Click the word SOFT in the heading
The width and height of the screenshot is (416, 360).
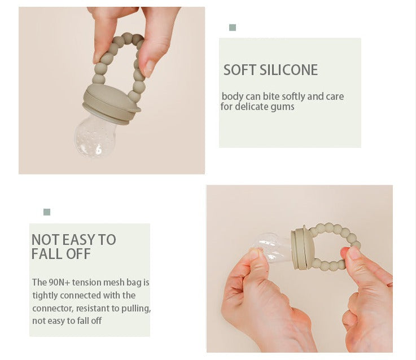240,70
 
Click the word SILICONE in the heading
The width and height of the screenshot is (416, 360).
288,70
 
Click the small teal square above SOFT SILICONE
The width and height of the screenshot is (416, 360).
233,28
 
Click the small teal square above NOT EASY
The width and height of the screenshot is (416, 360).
47,212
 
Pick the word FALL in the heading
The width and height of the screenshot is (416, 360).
47,254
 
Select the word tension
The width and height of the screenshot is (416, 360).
86,282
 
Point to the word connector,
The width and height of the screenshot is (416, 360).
52,308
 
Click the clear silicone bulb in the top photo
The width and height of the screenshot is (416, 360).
93,137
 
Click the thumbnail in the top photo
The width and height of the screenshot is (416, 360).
149,68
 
